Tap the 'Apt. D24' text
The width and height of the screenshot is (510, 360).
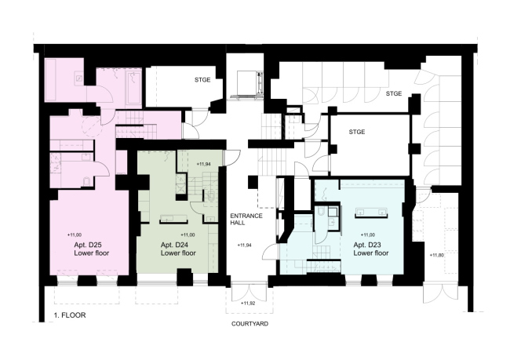pyautogui.click(x=175, y=245)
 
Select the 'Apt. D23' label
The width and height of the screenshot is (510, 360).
pyautogui.click(x=367, y=245)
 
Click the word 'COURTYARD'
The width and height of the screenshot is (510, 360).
pyautogui.click(x=250, y=324)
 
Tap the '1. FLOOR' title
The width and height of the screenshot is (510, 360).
pyautogui.click(x=70, y=315)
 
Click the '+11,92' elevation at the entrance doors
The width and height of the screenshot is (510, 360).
pyautogui.click(x=248, y=304)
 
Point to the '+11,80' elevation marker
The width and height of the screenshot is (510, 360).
pyautogui.click(x=436, y=255)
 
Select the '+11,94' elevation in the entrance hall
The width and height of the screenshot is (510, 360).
pyautogui.click(x=244, y=245)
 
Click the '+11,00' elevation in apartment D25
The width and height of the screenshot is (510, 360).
pyautogui.click(x=75, y=235)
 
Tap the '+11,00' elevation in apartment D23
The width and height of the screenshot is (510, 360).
pyautogui.click(x=368, y=235)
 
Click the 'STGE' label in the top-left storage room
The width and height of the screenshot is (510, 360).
pyautogui.click(x=202, y=80)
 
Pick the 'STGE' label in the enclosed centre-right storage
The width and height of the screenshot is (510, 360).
pyautogui.click(x=357, y=132)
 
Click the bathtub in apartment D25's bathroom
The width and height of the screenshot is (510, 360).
pyautogui.click(x=133, y=87)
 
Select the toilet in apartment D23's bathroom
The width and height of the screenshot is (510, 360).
pyautogui.click(x=321, y=212)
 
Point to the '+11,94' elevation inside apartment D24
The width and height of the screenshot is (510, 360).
pyautogui.click(x=204, y=164)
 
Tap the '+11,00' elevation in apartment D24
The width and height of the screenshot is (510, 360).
pyautogui.click(x=188, y=235)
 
